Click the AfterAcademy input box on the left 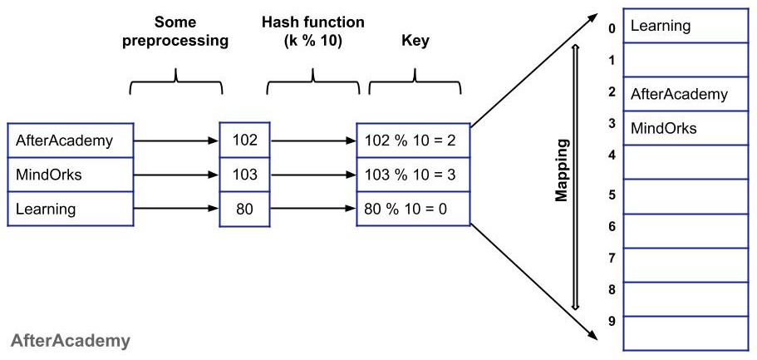[70, 140]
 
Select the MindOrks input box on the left [70, 175]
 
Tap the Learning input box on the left [70, 210]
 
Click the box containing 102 [245, 140]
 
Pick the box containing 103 [245, 175]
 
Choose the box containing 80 [245, 210]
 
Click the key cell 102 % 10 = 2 [413, 140]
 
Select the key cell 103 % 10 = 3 [413, 175]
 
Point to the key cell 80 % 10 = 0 [413, 210]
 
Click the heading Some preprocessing [175, 32]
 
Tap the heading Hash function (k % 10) [312, 32]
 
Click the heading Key [415, 40]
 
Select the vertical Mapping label [563, 170]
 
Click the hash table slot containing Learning [684, 26]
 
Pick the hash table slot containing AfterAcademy [684, 94]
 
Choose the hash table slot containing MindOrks [684, 128]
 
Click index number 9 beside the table [612, 320]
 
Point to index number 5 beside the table [612, 195]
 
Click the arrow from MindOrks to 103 [176, 175]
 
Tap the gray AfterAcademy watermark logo [70, 341]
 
